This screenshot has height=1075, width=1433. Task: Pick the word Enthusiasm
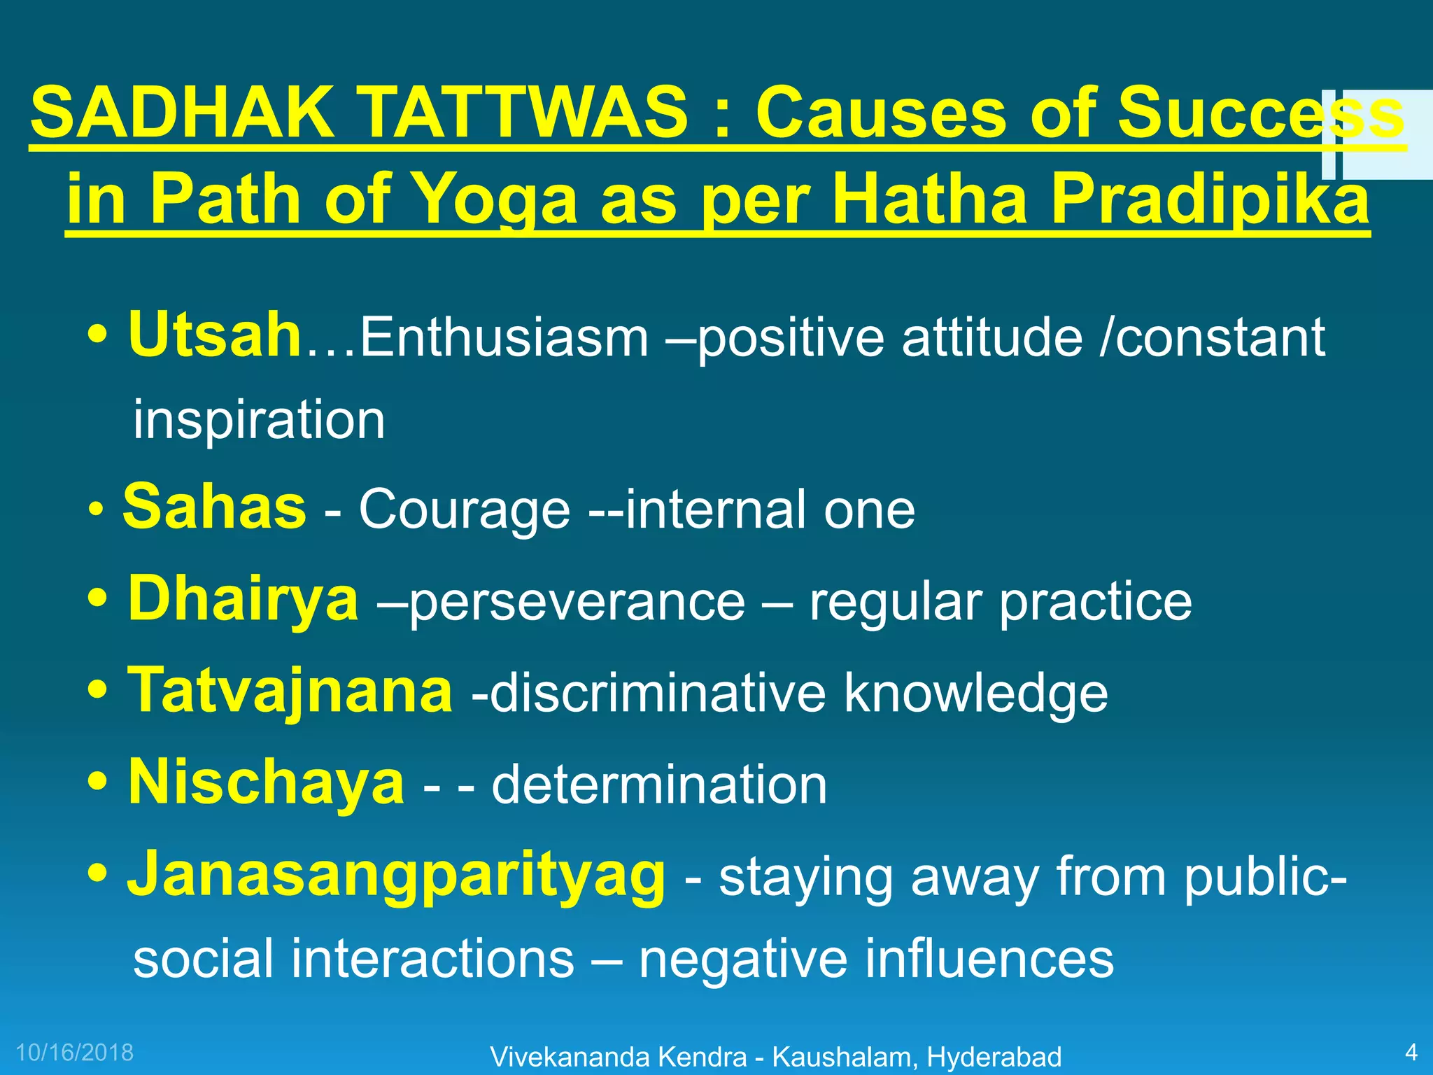(504, 339)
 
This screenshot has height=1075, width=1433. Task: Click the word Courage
(465, 511)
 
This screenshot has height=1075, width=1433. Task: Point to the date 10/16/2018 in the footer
(75, 1053)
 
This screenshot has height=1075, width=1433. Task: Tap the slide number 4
(1411, 1053)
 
